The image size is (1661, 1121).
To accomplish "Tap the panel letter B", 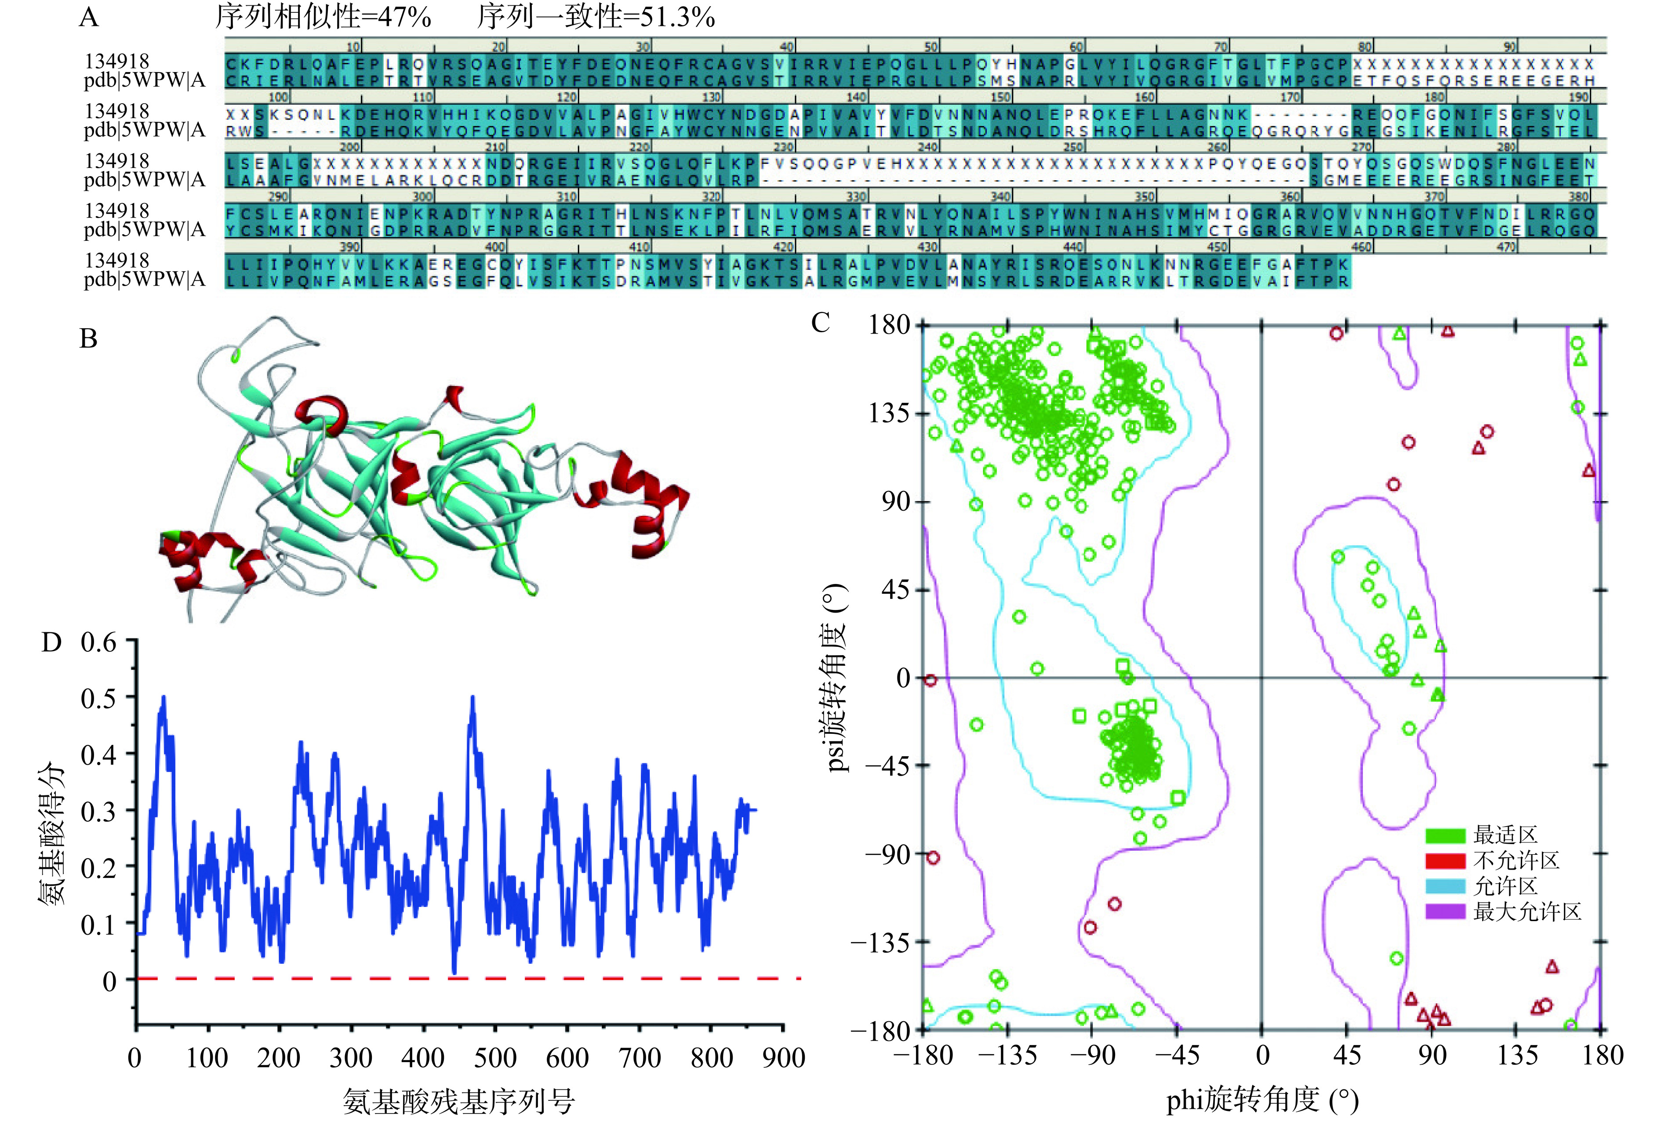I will pyautogui.click(x=89, y=338).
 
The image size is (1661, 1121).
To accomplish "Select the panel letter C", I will pyautogui.click(x=821, y=323).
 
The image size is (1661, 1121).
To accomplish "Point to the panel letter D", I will pyautogui.click(x=51, y=642).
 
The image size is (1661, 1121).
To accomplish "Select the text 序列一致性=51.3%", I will pyautogui.click(x=596, y=16).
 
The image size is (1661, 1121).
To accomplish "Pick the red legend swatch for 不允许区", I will pyautogui.click(x=1445, y=861).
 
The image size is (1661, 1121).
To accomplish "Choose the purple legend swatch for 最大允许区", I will pyautogui.click(x=1445, y=912).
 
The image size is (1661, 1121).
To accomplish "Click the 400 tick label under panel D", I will pyautogui.click(x=424, y=1057).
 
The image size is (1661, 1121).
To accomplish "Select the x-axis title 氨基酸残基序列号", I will pyautogui.click(x=459, y=1101).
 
